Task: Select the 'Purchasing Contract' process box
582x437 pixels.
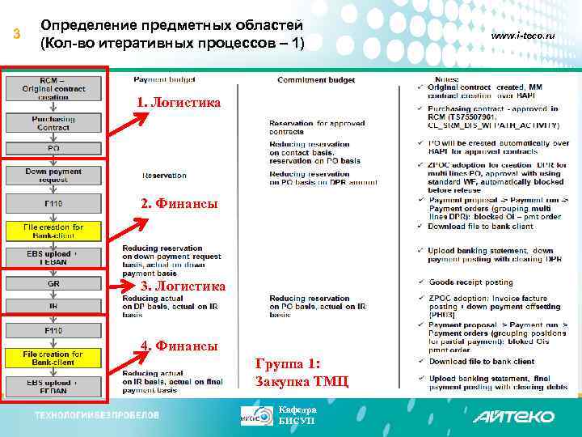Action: coord(53,122)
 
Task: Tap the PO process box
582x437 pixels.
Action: coord(53,149)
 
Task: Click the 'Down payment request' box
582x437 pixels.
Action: coord(53,176)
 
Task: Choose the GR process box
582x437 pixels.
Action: coord(53,284)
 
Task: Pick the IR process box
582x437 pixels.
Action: coord(53,307)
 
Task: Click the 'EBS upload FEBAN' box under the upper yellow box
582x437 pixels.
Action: coord(53,257)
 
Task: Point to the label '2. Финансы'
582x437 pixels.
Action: coord(179,204)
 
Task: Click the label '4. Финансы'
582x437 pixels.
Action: coord(179,346)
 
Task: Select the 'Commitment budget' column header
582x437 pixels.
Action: coord(315,80)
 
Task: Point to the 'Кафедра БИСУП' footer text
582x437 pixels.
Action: coord(297,415)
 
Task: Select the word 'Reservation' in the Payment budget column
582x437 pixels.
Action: coord(164,176)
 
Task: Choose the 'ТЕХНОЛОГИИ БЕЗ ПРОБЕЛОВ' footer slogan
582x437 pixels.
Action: coord(96,415)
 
